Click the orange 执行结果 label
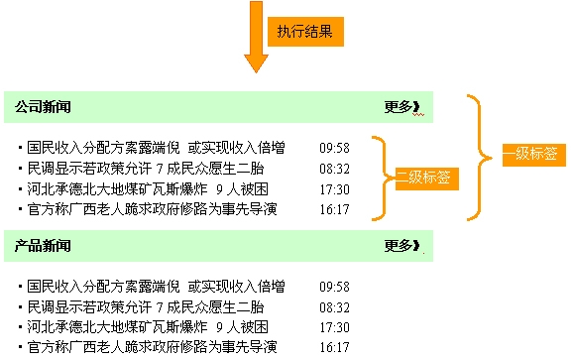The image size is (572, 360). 306,31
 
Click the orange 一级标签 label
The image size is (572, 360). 528,154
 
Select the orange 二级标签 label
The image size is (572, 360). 423,178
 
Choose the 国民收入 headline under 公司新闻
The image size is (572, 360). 156,148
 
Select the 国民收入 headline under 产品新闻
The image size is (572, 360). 156,287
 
